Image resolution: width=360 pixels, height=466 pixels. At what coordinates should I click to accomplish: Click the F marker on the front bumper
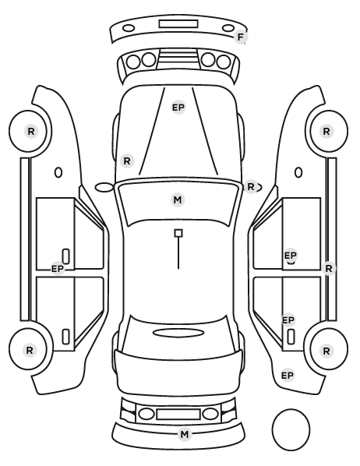(241, 37)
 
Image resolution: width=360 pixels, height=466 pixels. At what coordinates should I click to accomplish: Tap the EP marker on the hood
(178, 108)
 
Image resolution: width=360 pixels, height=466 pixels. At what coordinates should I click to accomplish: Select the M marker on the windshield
(178, 199)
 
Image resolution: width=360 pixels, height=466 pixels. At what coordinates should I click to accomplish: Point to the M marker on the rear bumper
(185, 435)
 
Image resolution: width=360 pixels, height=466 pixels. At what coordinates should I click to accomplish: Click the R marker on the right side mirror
(251, 187)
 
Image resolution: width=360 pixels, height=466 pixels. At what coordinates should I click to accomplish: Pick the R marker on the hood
(127, 161)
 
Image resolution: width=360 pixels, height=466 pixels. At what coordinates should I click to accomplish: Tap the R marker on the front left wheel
(31, 132)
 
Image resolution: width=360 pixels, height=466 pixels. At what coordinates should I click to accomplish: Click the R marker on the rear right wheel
(326, 351)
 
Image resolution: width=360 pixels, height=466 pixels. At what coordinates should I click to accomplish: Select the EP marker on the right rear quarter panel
(288, 376)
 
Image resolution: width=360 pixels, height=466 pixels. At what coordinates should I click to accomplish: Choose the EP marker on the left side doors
(58, 269)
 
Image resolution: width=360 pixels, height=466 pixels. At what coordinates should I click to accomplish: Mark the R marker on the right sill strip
(329, 269)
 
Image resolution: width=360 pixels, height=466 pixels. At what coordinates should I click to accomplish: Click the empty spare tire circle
(291, 429)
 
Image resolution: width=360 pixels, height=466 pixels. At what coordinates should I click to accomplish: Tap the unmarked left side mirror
(104, 188)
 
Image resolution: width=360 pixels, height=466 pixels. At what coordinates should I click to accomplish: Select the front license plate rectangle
(178, 24)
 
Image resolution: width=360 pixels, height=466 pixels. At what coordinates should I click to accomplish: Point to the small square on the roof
(178, 233)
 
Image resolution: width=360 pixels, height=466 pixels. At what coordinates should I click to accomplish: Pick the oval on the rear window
(178, 334)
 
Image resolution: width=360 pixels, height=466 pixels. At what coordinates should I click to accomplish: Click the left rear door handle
(65, 337)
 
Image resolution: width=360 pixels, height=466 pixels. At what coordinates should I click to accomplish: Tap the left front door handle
(65, 256)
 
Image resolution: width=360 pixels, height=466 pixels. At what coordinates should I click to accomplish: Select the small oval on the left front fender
(58, 173)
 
